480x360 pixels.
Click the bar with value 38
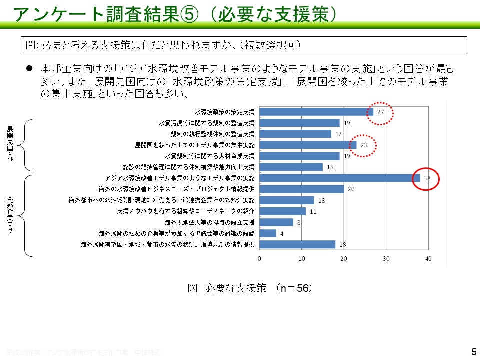tap(340, 178)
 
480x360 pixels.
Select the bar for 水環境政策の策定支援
tap(316, 112)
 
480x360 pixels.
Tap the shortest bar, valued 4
tap(268, 233)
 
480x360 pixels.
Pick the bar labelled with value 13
tap(287, 200)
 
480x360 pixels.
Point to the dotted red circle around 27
tap(380, 112)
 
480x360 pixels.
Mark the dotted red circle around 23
tap(363, 145)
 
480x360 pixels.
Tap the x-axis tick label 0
tap(260, 258)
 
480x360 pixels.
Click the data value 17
tap(338, 134)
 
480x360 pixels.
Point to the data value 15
tap(330, 167)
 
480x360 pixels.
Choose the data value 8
tap(299, 223)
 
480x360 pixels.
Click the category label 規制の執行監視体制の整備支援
tap(213, 134)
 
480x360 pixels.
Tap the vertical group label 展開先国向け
tap(10, 145)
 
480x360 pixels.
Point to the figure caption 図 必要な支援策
tap(250, 288)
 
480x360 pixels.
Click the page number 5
tap(474, 352)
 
